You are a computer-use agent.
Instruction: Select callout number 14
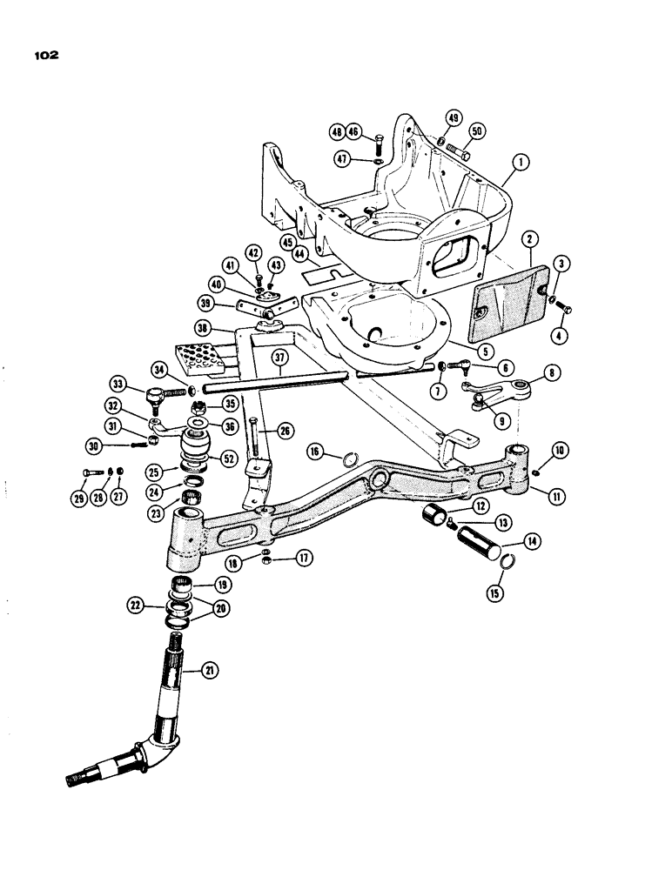(x=505, y=540)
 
